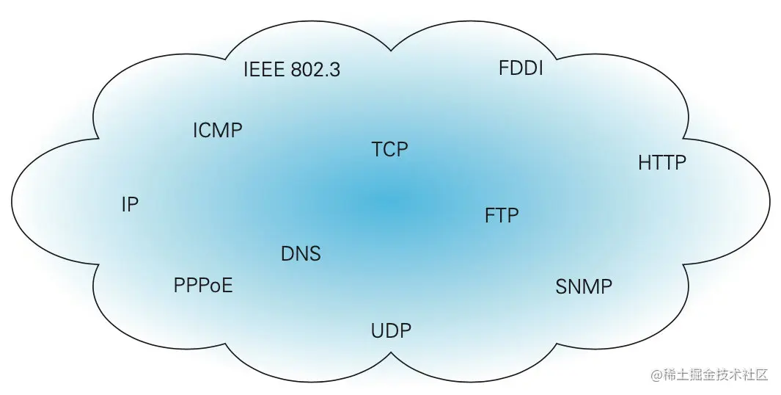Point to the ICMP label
(x=217, y=131)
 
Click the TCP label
(x=389, y=150)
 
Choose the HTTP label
(x=662, y=162)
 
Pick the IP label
(x=130, y=205)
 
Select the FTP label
(x=502, y=216)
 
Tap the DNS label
(x=301, y=254)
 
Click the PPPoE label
(x=203, y=285)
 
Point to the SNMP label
(x=584, y=286)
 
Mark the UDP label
(x=391, y=330)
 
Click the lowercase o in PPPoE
(x=216, y=286)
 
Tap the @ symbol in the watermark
(x=656, y=374)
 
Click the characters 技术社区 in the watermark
(x=741, y=374)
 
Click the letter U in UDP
(x=378, y=330)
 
